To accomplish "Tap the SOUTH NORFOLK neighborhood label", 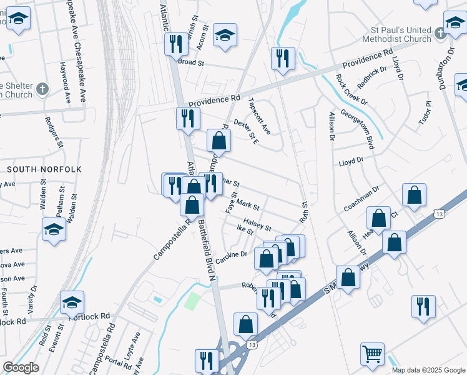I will coord(37,169).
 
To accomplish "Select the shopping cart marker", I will coord(372,354).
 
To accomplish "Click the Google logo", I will coord(21,367).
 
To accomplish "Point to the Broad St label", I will coord(191,62).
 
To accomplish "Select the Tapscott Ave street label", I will coord(259,116).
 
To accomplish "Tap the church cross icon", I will coord(42,89).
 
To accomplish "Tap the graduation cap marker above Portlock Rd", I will coord(72,303).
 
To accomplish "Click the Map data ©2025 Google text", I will coord(428,370).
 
